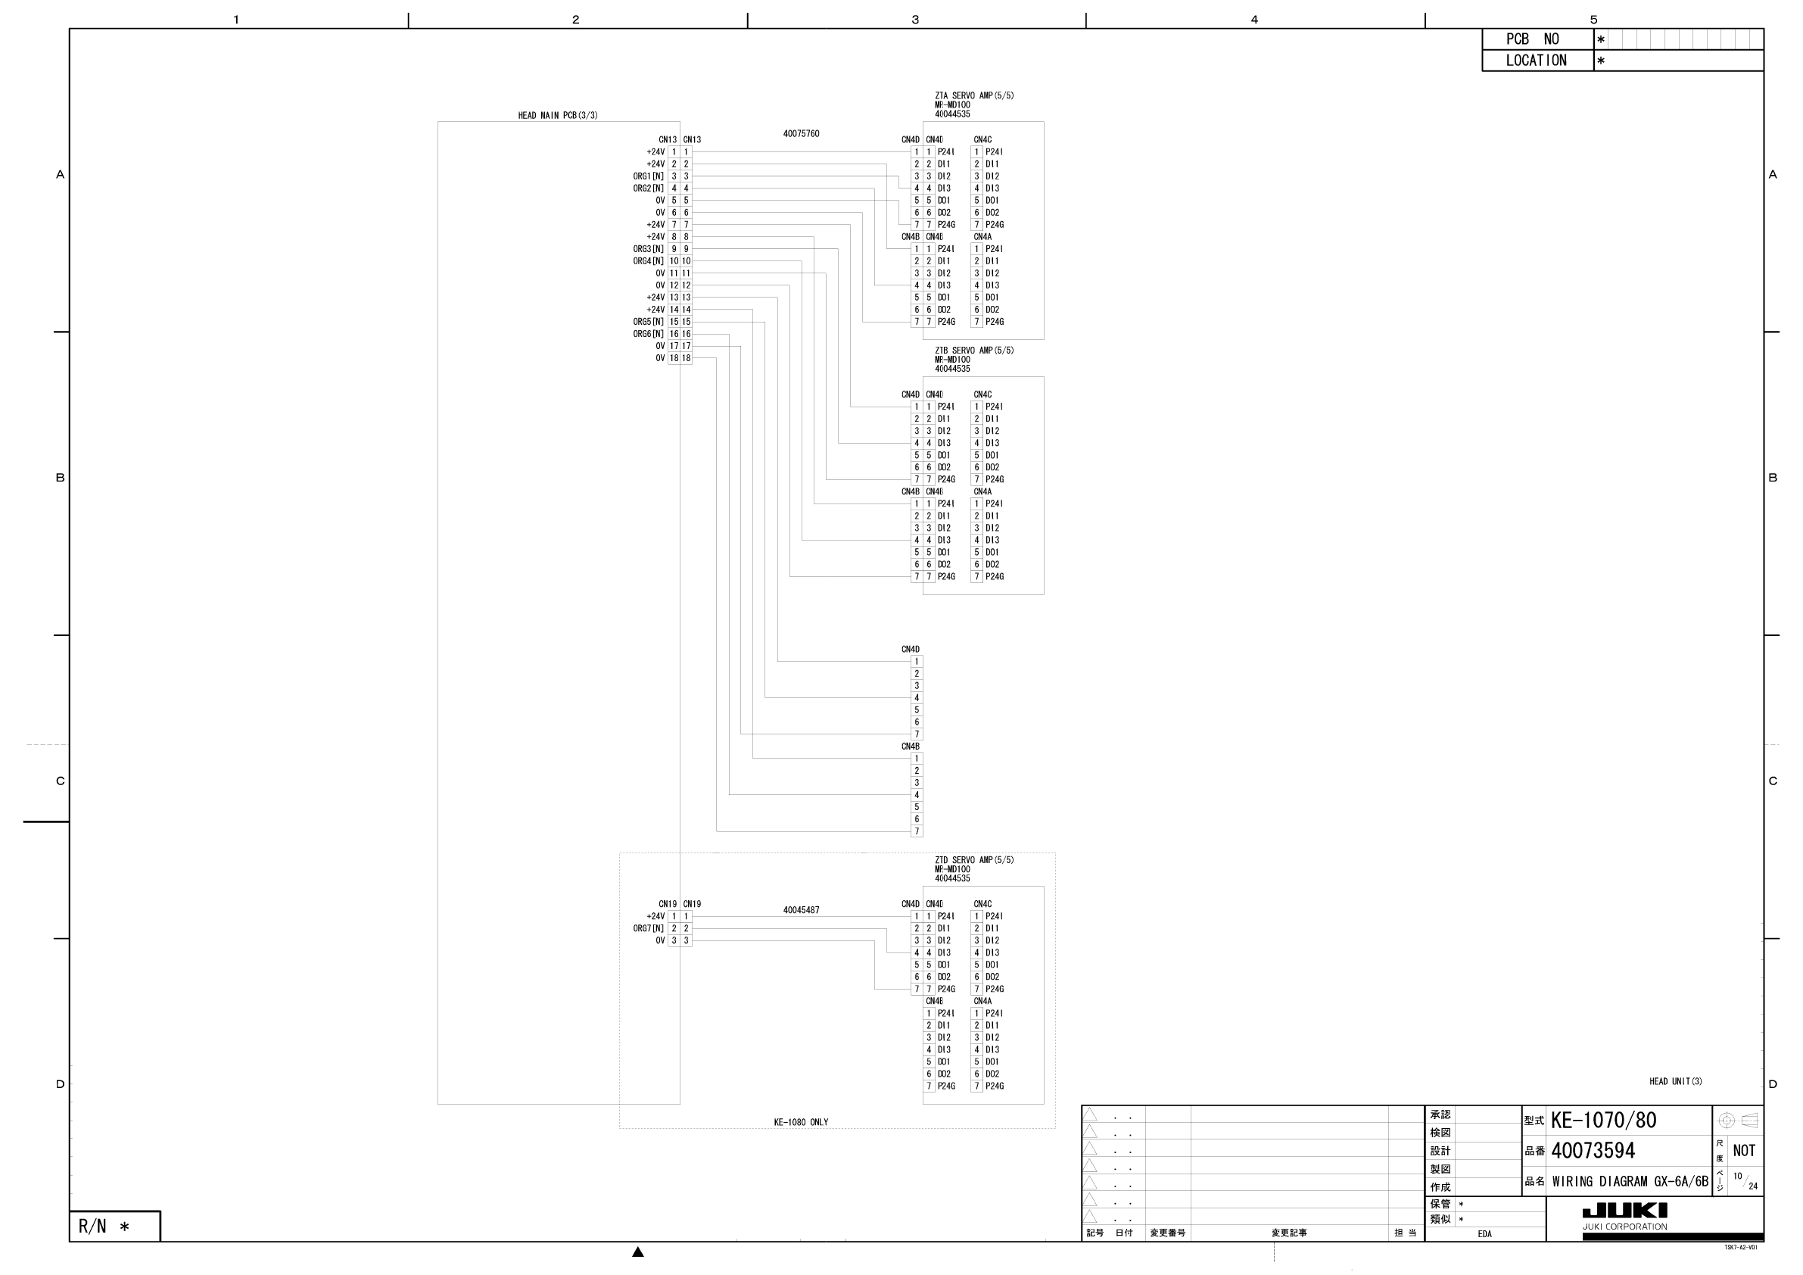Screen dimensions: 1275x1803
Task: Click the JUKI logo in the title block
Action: (x=1624, y=1211)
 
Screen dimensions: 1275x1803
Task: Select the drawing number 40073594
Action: (x=1593, y=1151)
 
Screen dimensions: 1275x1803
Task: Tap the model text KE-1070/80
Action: (x=1602, y=1121)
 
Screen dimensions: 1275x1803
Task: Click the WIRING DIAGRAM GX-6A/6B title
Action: (x=1630, y=1182)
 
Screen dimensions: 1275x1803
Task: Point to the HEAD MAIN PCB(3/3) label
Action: (x=558, y=116)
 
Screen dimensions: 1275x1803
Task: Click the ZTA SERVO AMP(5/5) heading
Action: (x=973, y=96)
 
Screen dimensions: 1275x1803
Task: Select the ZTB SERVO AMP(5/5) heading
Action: (x=973, y=351)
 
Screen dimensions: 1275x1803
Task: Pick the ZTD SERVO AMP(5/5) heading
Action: (x=973, y=860)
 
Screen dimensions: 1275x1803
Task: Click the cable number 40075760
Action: (x=801, y=134)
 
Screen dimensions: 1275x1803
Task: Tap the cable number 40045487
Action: (x=801, y=911)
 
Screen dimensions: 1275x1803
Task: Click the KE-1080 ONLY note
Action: (x=801, y=1123)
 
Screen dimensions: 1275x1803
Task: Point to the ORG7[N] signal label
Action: (x=648, y=928)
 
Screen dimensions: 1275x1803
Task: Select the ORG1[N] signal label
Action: (x=648, y=176)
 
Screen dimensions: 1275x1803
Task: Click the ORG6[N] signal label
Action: (x=648, y=334)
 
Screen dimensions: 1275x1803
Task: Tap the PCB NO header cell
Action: (x=1537, y=39)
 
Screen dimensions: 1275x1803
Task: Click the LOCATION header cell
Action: (x=1536, y=61)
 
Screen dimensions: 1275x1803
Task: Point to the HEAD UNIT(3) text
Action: (x=1675, y=1082)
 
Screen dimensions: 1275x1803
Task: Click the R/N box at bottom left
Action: (x=114, y=1227)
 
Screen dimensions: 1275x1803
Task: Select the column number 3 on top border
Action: (x=915, y=20)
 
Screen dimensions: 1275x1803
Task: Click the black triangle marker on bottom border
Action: (x=637, y=1252)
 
